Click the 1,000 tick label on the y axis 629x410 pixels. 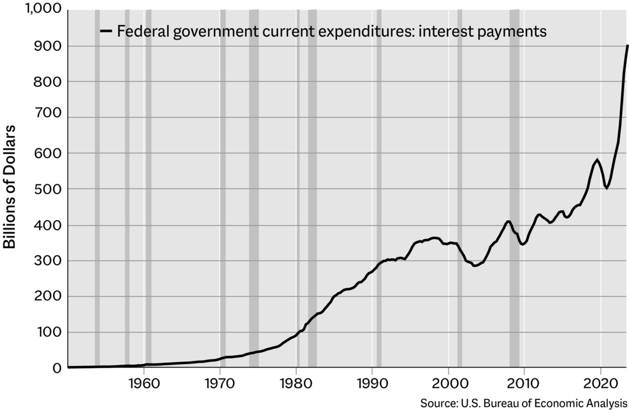coord(43,10)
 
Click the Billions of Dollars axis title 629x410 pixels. coord(10,187)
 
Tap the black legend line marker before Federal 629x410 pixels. coord(106,31)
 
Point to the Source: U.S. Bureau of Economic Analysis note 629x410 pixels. coord(524,403)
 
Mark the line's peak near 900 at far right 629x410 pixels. coord(627,46)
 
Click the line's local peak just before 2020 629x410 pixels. coord(597,160)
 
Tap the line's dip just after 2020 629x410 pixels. coord(607,188)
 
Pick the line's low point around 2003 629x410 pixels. coord(474,266)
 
